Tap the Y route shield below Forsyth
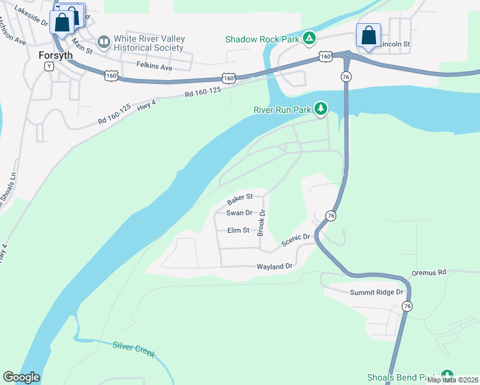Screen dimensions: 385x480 (49, 67)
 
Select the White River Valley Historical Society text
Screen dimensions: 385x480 (149, 43)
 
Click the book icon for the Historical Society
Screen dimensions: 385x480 (103, 42)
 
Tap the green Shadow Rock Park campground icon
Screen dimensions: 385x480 (309, 39)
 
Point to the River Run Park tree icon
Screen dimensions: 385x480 (320, 110)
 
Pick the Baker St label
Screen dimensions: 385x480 (240, 198)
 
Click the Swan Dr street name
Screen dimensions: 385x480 (239, 213)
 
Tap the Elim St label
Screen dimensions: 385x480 (238, 230)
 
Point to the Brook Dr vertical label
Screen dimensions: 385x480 (262, 222)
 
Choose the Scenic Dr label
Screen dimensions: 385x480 (296, 240)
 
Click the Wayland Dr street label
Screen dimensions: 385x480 (275, 266)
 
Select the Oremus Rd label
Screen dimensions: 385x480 (429, 273)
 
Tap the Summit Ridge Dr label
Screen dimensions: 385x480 (376, 293)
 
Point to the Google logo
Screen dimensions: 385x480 (21, 377)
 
